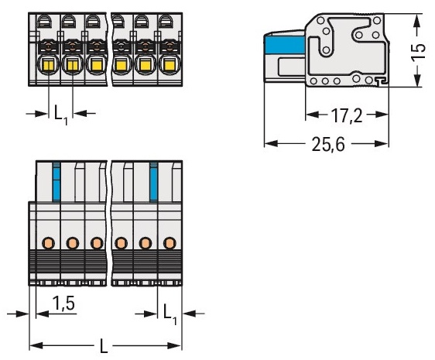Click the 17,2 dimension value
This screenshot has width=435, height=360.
coord(347,115)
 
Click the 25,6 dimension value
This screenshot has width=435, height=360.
coord(328,144)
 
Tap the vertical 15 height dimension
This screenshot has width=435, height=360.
coord(418,51)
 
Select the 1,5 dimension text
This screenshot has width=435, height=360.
coord(63,303)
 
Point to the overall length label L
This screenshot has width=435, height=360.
coord(103,346)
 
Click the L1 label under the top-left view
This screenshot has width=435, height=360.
coord(60,115)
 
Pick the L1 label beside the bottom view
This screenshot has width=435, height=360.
coord(170,314)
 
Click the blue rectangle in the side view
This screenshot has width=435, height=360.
coord(285,46)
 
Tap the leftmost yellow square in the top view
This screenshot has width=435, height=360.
coord(49,65)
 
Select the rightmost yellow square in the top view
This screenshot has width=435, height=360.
coord(169,65)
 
